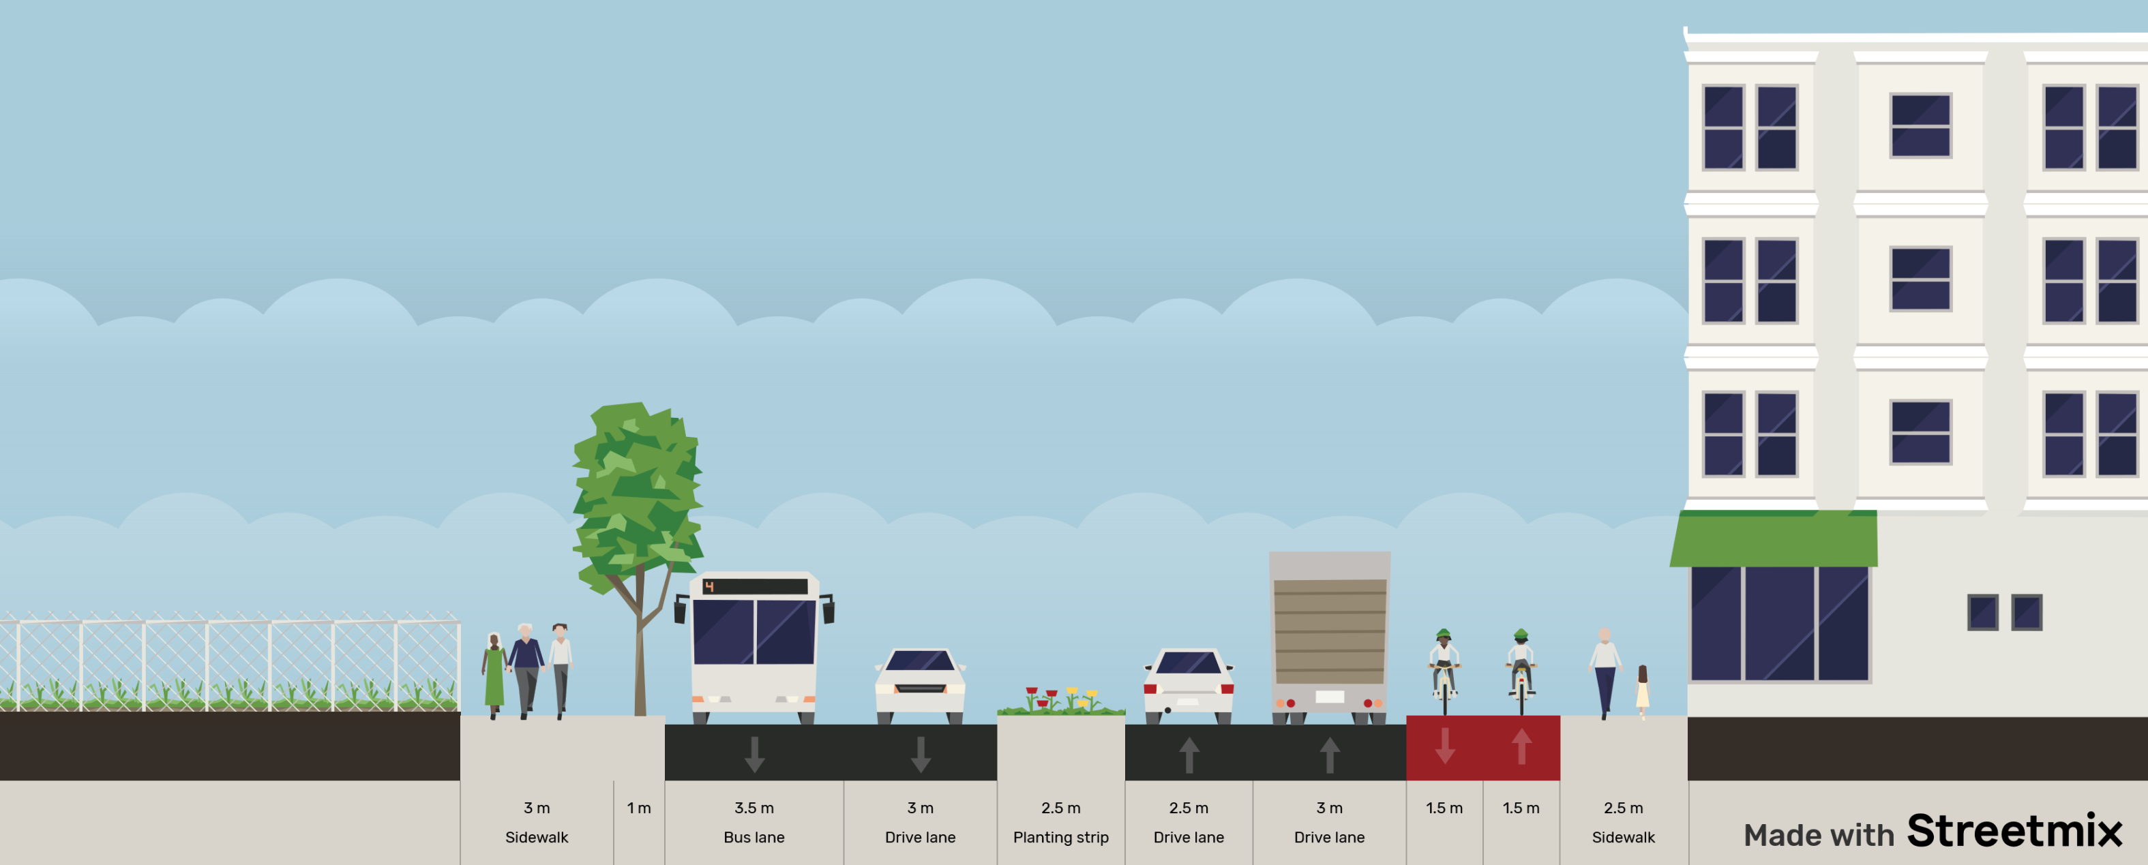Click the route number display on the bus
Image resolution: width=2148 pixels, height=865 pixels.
click(754, 587)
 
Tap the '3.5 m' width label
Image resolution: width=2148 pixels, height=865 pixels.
click(754, 808)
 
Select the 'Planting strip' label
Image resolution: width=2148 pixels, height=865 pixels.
click(1060, 836)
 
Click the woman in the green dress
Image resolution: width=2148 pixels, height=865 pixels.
click(494, 675)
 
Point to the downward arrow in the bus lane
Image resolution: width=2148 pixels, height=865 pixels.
click(754, 753)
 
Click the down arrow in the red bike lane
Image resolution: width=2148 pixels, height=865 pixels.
click(1444, 746)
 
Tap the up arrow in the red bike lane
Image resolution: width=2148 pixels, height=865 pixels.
click(1521, 746)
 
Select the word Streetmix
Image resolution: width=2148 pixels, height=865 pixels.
click(2013, 831)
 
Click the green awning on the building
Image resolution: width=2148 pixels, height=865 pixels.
click(1773, 540)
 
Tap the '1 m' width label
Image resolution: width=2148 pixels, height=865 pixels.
click(639, 808)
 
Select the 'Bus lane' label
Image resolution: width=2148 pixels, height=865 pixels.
click(754, 836)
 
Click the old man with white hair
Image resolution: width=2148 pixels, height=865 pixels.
click(525, 667)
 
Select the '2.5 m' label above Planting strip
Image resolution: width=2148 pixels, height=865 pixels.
click(1060, 808)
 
